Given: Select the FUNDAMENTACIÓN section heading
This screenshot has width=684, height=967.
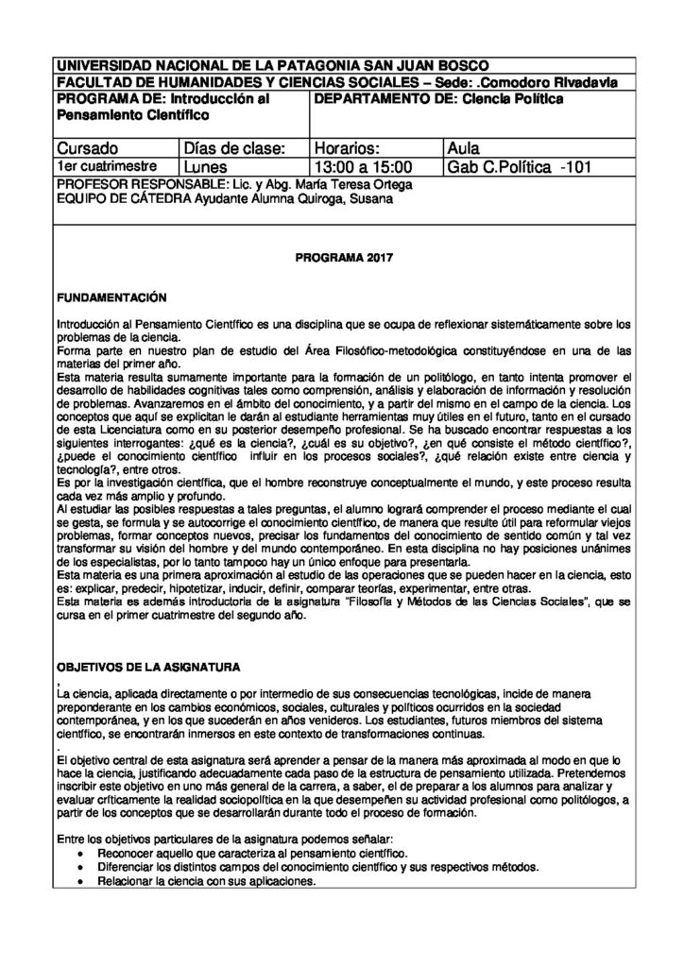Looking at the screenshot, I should pos(111,297).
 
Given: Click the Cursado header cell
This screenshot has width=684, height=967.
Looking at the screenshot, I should pos(88,148).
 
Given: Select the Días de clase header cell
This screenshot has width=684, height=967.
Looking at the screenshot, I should pos(232,148).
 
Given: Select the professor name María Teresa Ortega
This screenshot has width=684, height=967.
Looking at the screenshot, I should pos(356,184).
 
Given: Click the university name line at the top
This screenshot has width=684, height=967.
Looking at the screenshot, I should pos(273,66).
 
